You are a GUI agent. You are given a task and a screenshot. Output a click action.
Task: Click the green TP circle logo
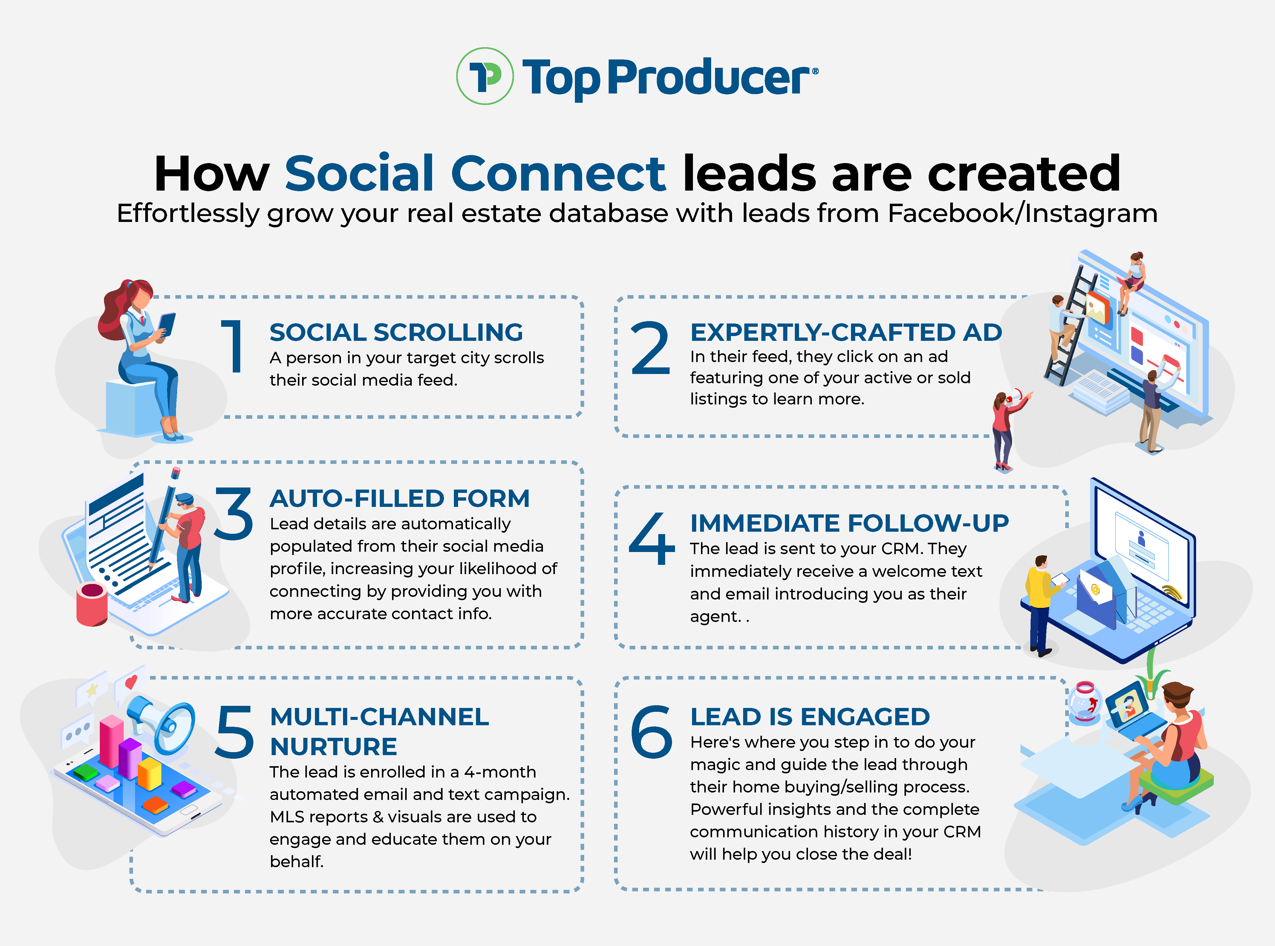pos(485,76)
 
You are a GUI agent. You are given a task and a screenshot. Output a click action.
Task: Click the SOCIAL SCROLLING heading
pos(396,332)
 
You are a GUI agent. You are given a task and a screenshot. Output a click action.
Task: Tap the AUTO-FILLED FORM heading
pos(399,498)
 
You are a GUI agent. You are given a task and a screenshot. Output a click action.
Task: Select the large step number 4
pos(651,538)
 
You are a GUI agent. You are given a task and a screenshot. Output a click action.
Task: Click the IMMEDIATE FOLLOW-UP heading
pos(849,523)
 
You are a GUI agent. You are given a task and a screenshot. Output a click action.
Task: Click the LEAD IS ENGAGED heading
pos(809,716)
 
